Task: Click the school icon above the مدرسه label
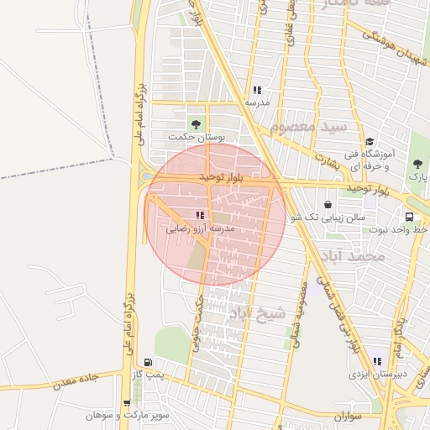(257, 90)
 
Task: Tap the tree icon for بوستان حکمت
(197, 125)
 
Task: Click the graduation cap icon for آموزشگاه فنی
(370, 141)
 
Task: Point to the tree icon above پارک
(417, 164)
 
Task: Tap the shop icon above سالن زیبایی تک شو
(328, 204)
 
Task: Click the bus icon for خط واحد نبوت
(409, 217)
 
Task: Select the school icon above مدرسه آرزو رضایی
(199, 216)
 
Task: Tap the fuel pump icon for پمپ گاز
(148, 363)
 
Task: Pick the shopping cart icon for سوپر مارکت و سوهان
(127, 403)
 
